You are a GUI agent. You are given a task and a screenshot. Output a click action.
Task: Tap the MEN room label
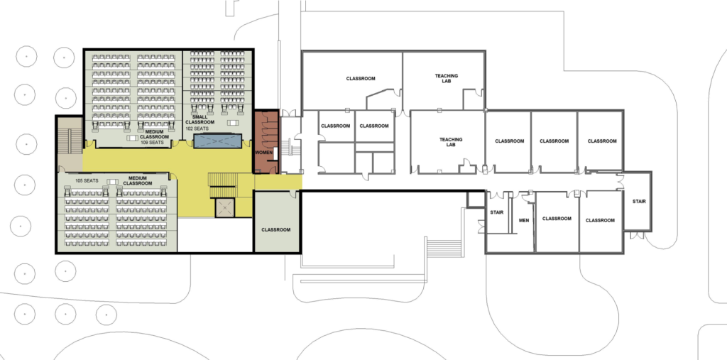(x=524, y=220)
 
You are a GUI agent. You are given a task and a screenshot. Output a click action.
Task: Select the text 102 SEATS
(x=197, y=129)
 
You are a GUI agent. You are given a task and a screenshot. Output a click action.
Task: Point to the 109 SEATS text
(x=153, y=143)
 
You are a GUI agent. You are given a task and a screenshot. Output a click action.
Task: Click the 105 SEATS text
(x=87, y=180)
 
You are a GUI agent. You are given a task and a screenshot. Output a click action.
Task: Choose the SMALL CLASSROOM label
(x=199, y=119)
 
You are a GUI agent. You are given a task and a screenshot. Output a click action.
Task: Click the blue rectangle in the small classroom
(x=218, y=141)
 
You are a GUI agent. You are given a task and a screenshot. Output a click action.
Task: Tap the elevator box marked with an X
(x=225, y=208)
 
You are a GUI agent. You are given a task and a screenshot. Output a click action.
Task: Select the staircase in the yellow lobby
(x=223, y=185)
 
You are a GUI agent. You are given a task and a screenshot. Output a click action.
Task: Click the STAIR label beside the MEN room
(x=496, y=212)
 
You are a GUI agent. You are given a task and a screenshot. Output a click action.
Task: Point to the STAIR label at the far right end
(x=639, y=202)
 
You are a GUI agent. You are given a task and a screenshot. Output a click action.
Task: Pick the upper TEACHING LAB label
(x=446, y=78)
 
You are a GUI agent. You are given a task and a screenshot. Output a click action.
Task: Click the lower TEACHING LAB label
(x=451, y=142)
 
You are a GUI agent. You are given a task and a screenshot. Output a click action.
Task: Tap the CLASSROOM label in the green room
(x=276, y=230)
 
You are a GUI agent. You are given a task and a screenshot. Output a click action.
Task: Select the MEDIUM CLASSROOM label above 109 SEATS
(x=154, y=134)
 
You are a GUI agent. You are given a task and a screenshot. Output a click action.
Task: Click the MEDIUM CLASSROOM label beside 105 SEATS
(x=138, y=180)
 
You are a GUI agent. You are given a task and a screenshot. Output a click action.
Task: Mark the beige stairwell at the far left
(x=70, y=144)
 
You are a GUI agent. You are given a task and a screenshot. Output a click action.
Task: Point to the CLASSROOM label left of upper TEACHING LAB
(x=361, y=79)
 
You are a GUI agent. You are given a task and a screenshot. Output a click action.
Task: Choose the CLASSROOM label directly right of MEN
(x=557, y=219)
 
